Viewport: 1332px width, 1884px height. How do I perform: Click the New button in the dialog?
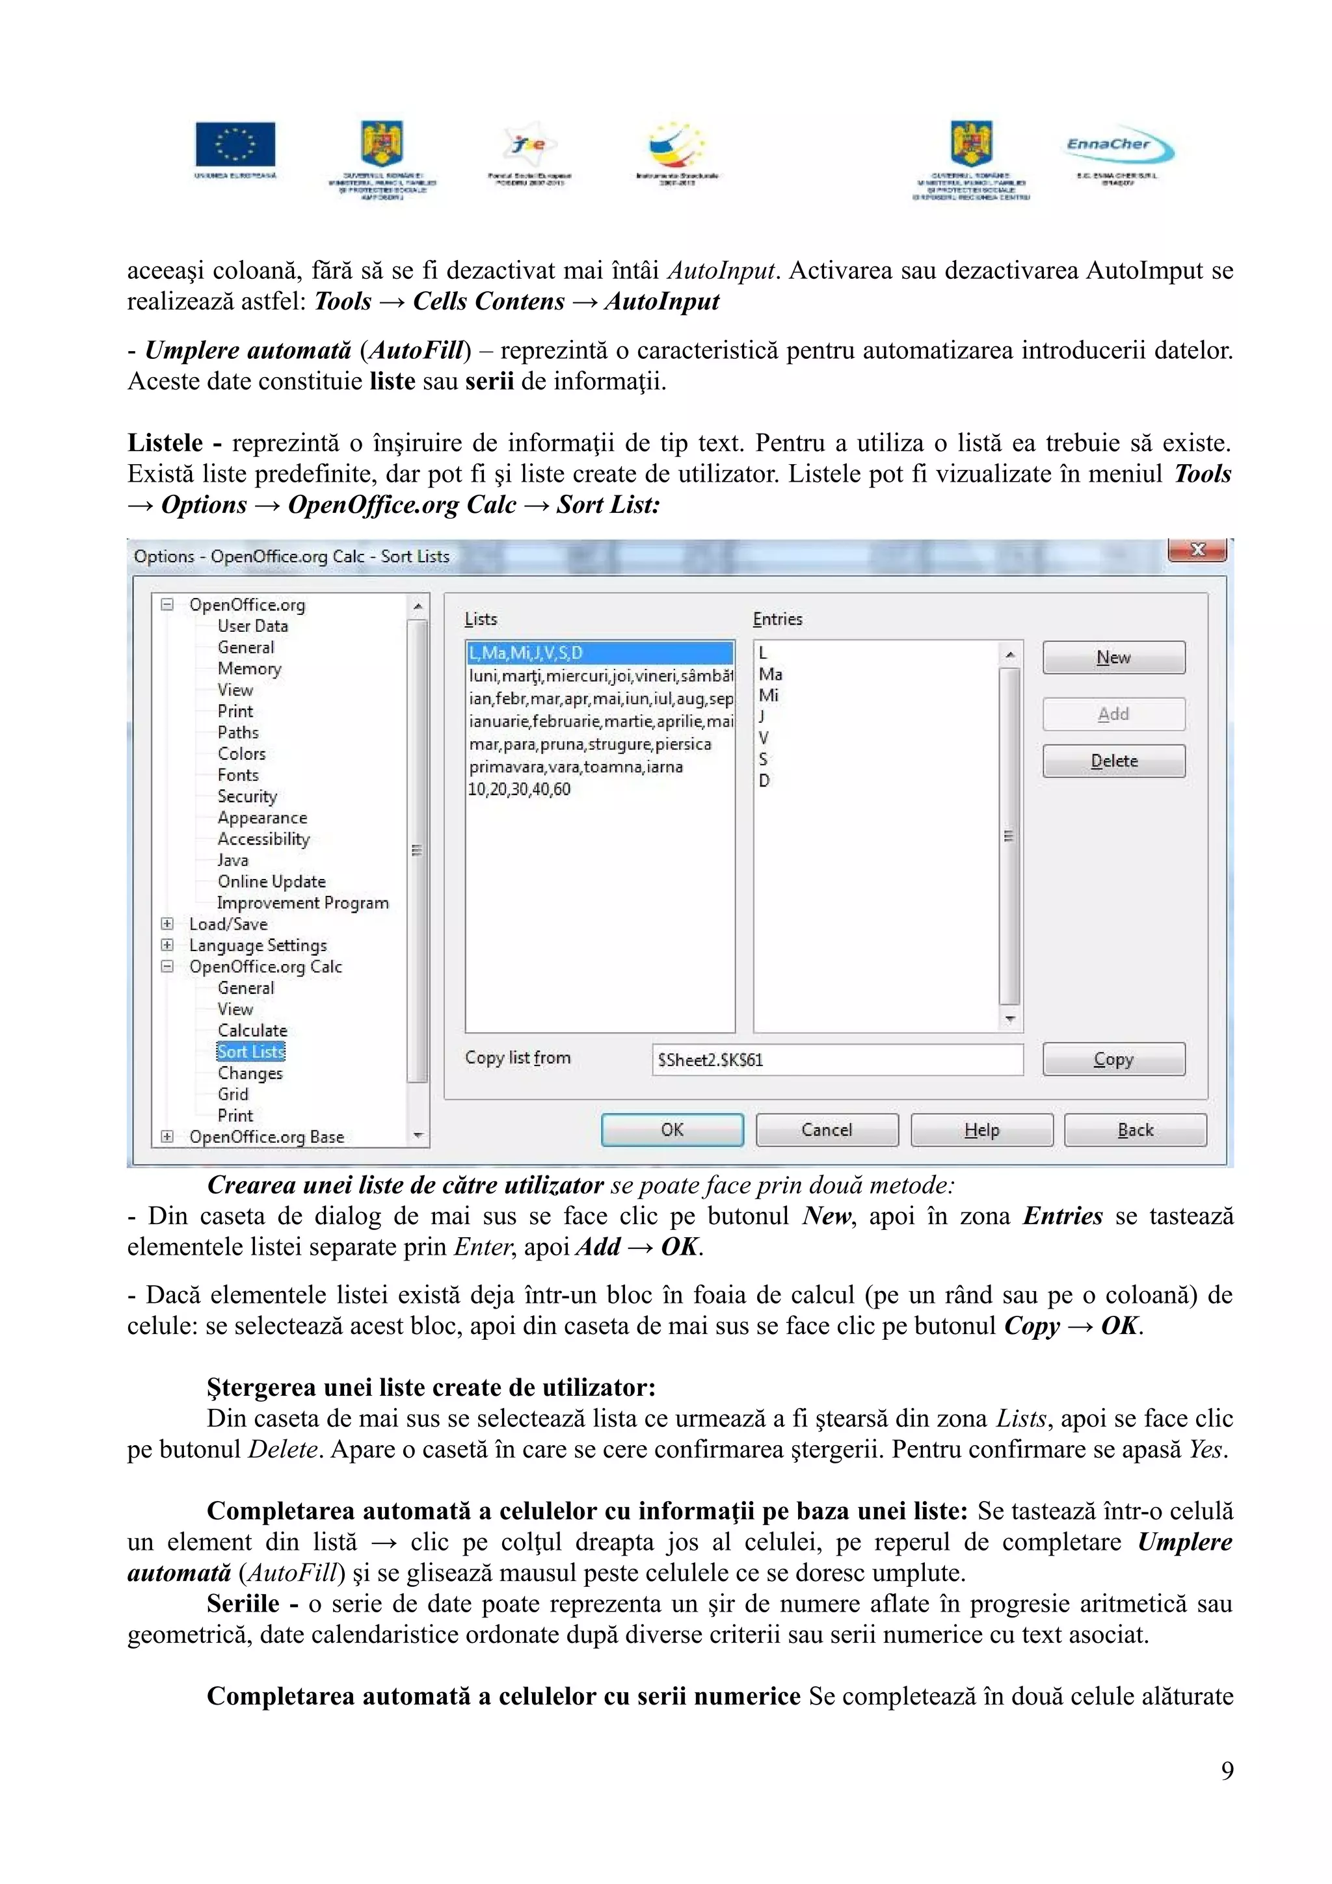1113,657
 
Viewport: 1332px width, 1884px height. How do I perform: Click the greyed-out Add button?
1113,714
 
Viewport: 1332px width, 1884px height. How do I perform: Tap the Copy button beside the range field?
1113,1059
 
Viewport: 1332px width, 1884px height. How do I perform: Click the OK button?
671,1130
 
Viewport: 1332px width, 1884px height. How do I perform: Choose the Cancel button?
827,1130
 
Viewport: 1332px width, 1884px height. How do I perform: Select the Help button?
981,1130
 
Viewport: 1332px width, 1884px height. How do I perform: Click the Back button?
1135,1130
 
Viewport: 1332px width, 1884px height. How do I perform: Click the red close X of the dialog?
1197,550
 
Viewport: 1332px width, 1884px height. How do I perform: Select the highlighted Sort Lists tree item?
250,1052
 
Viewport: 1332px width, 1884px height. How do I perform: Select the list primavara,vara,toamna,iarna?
576,767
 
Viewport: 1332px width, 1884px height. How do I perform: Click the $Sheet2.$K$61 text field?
837,1059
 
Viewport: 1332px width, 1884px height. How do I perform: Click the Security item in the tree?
247,796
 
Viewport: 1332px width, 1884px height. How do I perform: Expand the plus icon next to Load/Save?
167,924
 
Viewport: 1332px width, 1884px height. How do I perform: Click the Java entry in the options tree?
232,860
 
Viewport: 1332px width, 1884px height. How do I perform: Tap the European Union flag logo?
235,145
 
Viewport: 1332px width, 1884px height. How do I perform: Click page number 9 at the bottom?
1226,1771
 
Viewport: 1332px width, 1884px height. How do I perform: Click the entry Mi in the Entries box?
768,696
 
